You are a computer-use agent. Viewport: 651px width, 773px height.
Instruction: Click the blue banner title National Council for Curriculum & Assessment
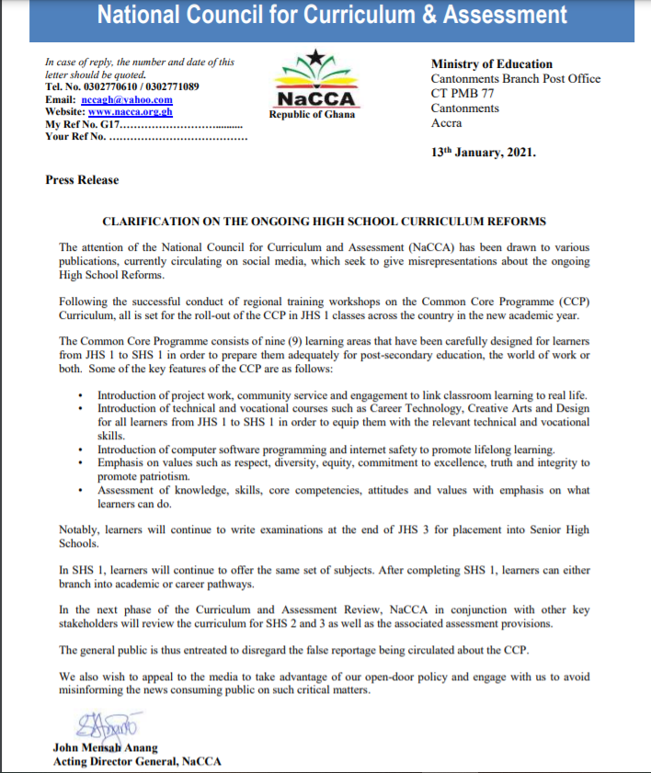point(332,16)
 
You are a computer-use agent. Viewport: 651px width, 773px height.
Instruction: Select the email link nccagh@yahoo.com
point(126,99)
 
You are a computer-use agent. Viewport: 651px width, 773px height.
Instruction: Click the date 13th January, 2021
point(483,152)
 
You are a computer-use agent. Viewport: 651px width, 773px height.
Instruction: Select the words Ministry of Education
point(491,64)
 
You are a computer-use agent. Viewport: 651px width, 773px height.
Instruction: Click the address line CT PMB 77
point(464,94)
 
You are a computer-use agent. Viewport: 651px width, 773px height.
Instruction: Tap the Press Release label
point(82,180)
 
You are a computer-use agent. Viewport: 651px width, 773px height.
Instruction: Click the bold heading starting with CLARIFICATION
point(324,222)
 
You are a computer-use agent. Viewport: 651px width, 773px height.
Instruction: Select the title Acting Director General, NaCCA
point(137,761)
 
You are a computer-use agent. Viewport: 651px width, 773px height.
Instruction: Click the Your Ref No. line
point(145,137)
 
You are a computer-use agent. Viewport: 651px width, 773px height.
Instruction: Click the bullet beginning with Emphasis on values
point(344,463)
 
